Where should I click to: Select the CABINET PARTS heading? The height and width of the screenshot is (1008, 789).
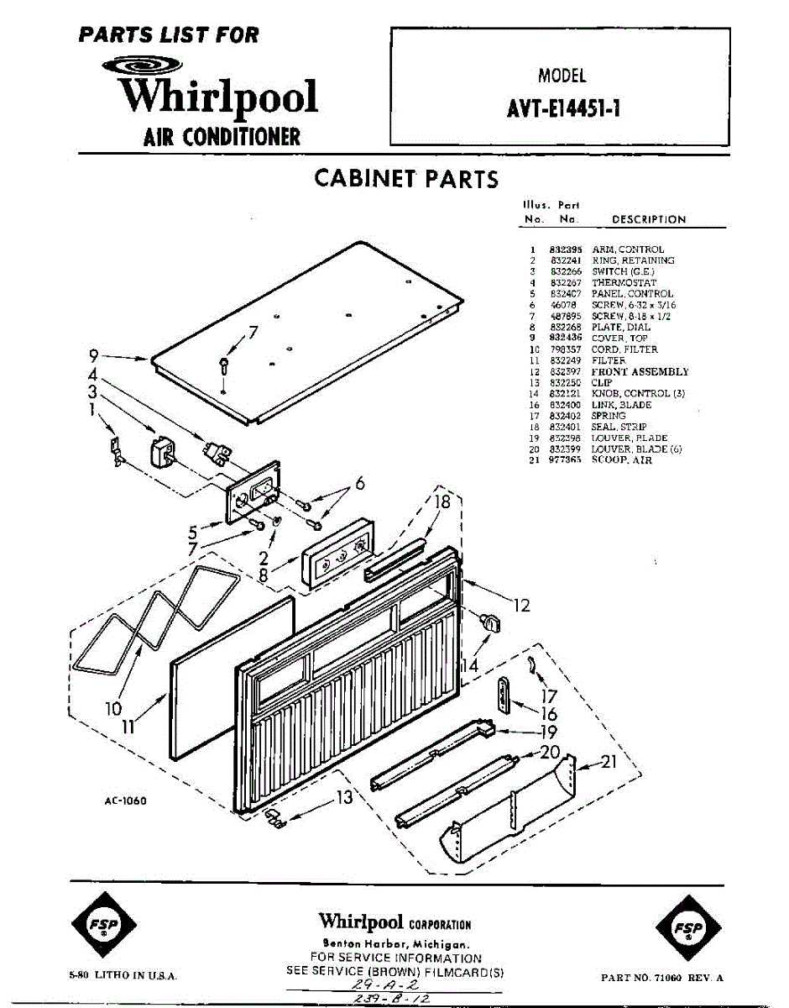tap(405, 179)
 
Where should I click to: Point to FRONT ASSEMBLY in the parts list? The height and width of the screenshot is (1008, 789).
tap(640, 371)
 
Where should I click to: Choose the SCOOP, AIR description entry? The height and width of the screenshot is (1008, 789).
tap(622, 460)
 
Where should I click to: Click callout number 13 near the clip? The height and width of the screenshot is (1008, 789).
tap(345, 798)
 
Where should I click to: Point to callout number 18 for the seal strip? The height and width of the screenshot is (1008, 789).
tap(442, 501)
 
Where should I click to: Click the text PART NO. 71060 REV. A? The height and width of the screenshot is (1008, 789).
tap(662, 978)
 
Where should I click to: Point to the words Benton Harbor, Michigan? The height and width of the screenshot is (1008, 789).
tap(396, 944)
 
